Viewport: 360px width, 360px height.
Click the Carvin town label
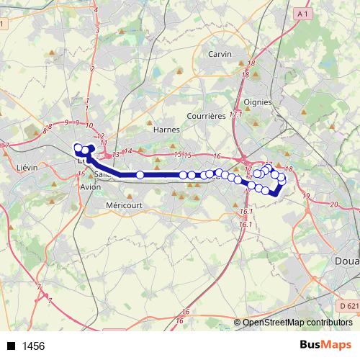tap(219, 55)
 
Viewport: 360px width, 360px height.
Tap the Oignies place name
tap(258, 102)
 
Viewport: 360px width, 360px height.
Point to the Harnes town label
tap(167, 130)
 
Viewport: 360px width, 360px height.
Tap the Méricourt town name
tap(121, 206)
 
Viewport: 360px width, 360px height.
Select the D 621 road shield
tap(348, 306)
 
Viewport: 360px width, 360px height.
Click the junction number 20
tap(333, 205)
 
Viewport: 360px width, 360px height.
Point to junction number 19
tap(306, 196)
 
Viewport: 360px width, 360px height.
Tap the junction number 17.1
tap(235, 114)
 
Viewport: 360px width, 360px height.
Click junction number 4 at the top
tap(96, 11)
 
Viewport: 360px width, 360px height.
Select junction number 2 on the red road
tap(92, 69)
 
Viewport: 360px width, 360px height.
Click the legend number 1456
tap(34, 346)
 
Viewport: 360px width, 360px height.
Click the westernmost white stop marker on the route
tap(78, 148)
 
